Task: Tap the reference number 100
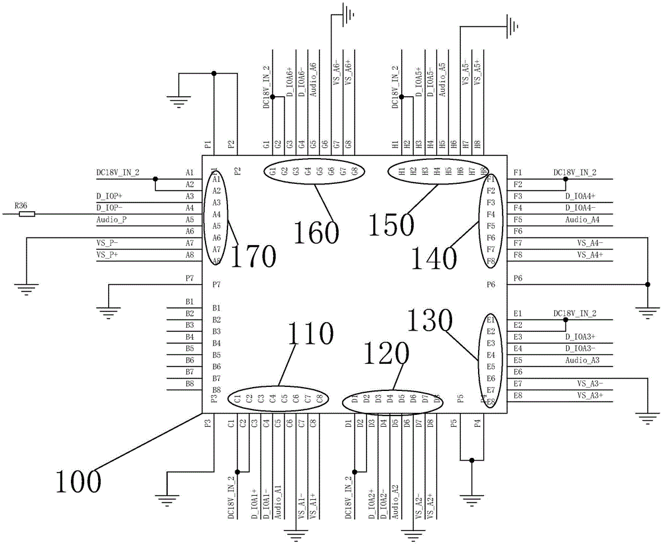pos(78,479)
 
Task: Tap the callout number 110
pos(310,335)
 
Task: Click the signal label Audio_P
pos(111,220)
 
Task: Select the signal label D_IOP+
pos(110,196)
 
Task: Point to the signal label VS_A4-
pos(589,243)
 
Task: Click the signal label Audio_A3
pos(583,360)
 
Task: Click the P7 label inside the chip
pos(216,285)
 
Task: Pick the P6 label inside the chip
pos(491,285)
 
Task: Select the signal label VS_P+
pos(109,255)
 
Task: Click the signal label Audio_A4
pos(583,220)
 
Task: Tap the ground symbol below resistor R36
pos(26,289)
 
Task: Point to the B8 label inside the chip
pos(216,390)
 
